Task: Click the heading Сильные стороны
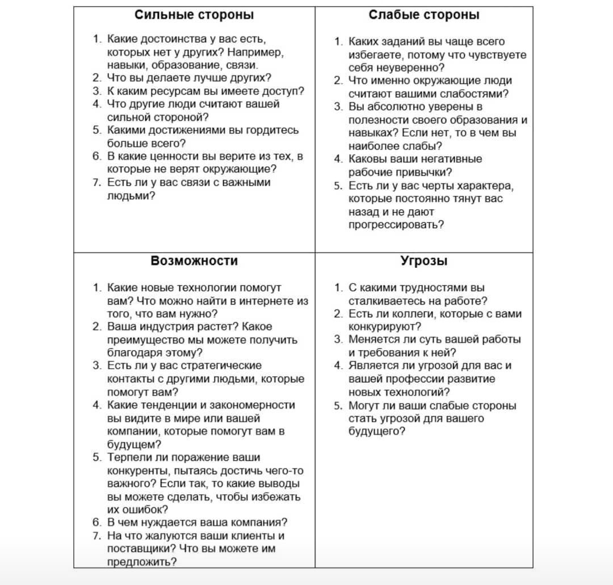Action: click(x=194, y=15)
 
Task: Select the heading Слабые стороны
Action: click(x=424, y=15)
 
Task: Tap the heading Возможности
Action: click(x=194, y=261)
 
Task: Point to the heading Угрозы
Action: click(x=424, y=261)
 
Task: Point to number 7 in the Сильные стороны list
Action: click(x=96, y=183)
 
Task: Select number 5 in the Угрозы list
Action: click(x=337, y=406)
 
